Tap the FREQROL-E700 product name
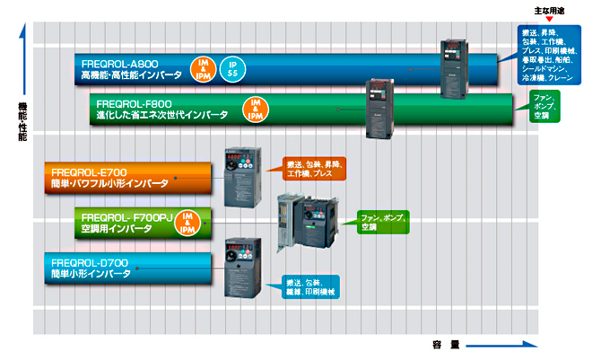click(x=87, y=170)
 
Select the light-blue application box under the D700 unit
click(x=310, y=286)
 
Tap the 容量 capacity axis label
click(x=443, y=344)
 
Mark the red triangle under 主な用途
click(x=549, y=19)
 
